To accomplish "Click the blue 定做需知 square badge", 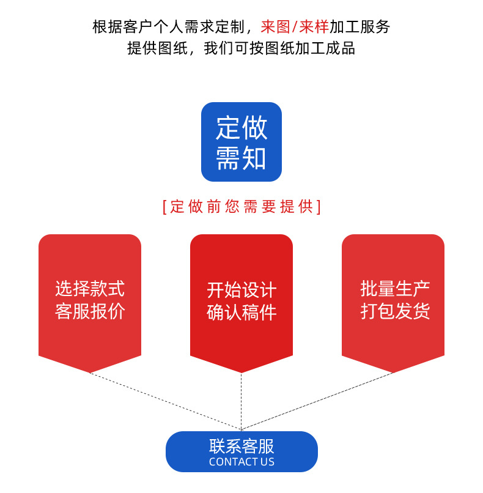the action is point(242,142).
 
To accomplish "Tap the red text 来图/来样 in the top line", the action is point(295,27).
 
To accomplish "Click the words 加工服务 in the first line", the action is point(360,27).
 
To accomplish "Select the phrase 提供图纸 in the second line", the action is point(158,48).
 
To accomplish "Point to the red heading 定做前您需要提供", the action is point(242,207).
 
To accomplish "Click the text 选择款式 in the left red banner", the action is point(90,289).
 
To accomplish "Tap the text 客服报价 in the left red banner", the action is point(90,311).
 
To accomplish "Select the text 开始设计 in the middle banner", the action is point(242,290).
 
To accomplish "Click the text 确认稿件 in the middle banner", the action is point(242,313).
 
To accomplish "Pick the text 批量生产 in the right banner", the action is point(395,289).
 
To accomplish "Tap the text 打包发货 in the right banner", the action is point(395,311).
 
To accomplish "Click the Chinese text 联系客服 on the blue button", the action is point(242,447).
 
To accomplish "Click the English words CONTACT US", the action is point(242,462).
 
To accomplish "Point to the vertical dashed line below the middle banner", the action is point(242,401).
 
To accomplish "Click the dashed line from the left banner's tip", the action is point(166,401).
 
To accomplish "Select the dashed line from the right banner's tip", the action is point(317,401).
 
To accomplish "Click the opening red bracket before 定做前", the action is point(164,207).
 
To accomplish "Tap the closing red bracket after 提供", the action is point(319,207).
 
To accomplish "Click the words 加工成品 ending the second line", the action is point(325,48).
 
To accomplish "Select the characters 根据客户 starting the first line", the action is point(123,27).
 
